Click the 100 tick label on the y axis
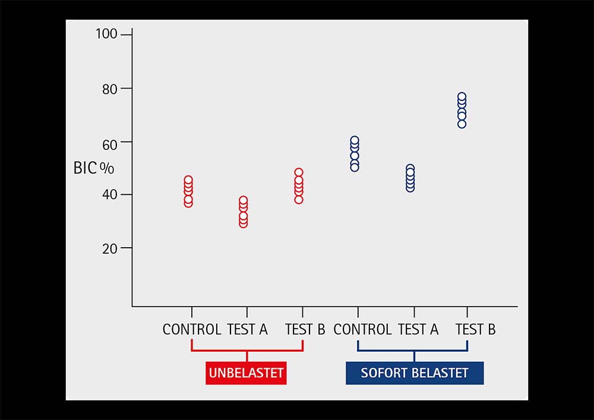click(x=106, y=34)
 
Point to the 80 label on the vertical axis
click(x=110, y=89)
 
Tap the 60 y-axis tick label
click(x=110, y=145)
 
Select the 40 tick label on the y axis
click(x=110, y=195)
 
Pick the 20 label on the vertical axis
click(x=110, y=249)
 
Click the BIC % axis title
click(x=94, y=168)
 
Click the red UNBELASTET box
click(x=247, y=373)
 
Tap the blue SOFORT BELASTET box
click(x=415, y=373)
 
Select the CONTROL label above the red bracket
click(x=192, y=330)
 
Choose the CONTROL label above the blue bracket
click(x=362, y=330)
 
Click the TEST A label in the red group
click(x=247, y=330)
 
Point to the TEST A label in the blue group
click(x=418, y=330)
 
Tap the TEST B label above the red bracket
click(x=305, y=330)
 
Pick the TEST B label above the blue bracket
click(x=475, y=330)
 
